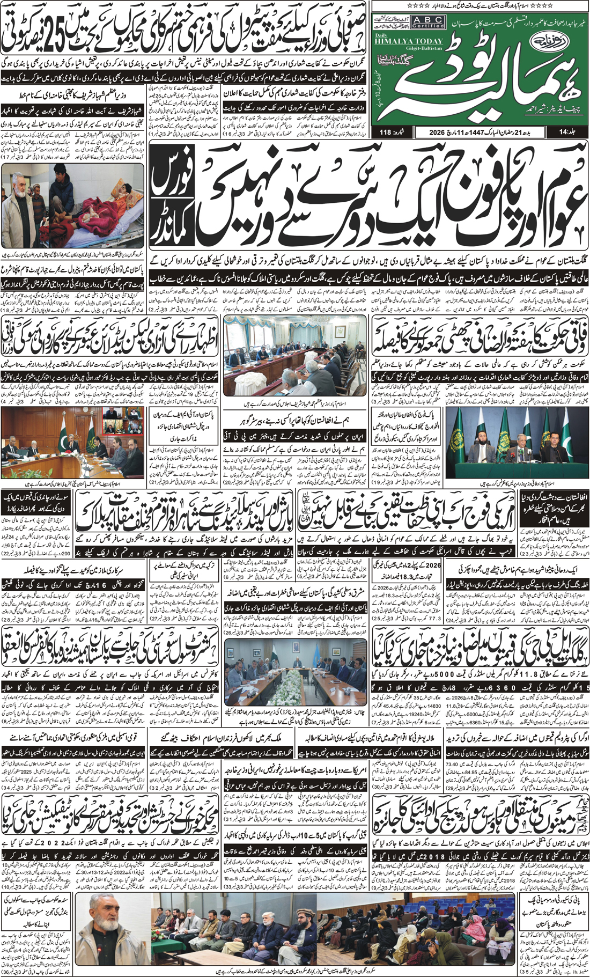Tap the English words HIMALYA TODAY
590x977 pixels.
[x=416, y=41]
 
